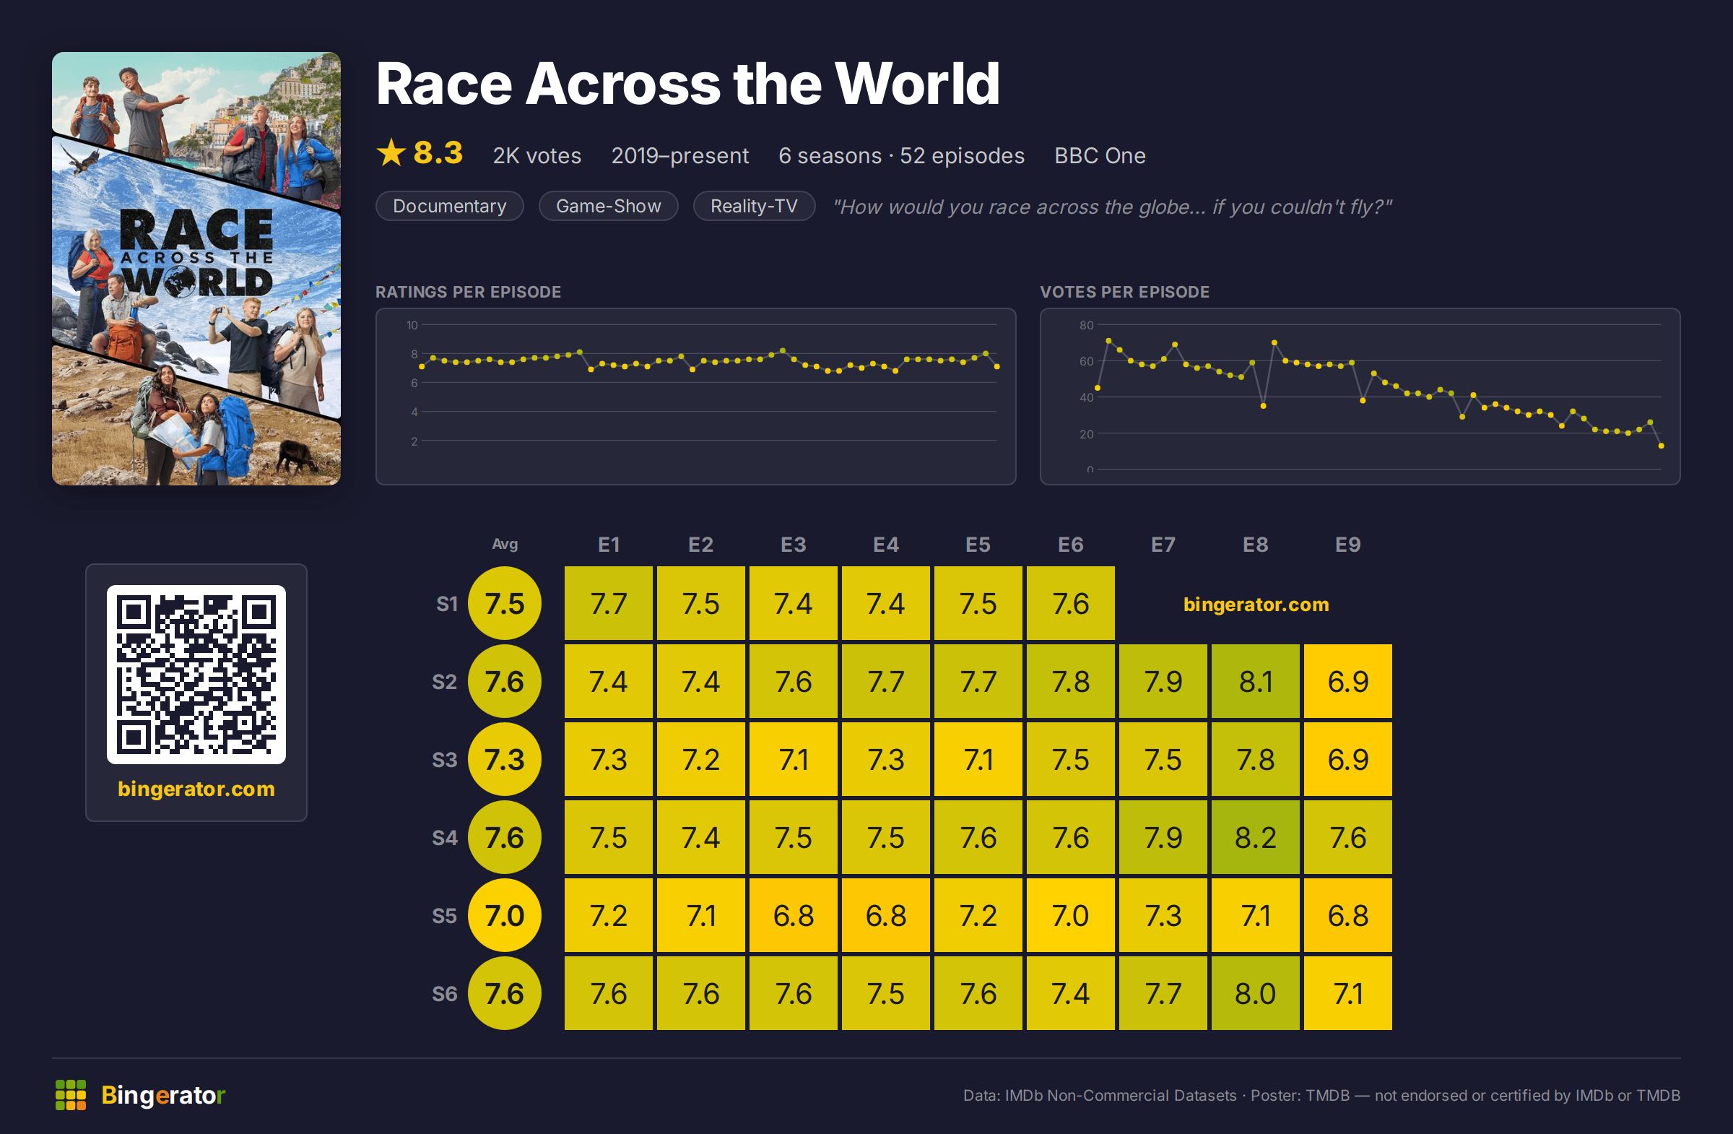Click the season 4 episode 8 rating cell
click(1255, 838)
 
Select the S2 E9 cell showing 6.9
click(1348, 682)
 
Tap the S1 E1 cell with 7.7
click(608, 604)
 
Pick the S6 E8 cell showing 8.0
click(1255, 993)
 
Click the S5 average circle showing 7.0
click(505, 915)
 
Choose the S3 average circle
click(505, 760)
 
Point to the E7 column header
click(1163, 545)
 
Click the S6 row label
click(444, 993)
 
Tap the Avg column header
click(505, 544)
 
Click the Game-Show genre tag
click(608, 206)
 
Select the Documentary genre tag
click(449, 206)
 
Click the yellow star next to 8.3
click(391, 153)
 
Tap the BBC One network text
click(1100, 156)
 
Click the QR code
click(196, 675)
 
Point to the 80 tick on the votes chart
click(1086, 325)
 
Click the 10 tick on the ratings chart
click(412, 325)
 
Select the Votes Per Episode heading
click(1124, 292)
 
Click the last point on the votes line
click(1661, 446)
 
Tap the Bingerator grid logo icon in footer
click(71, 1095)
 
